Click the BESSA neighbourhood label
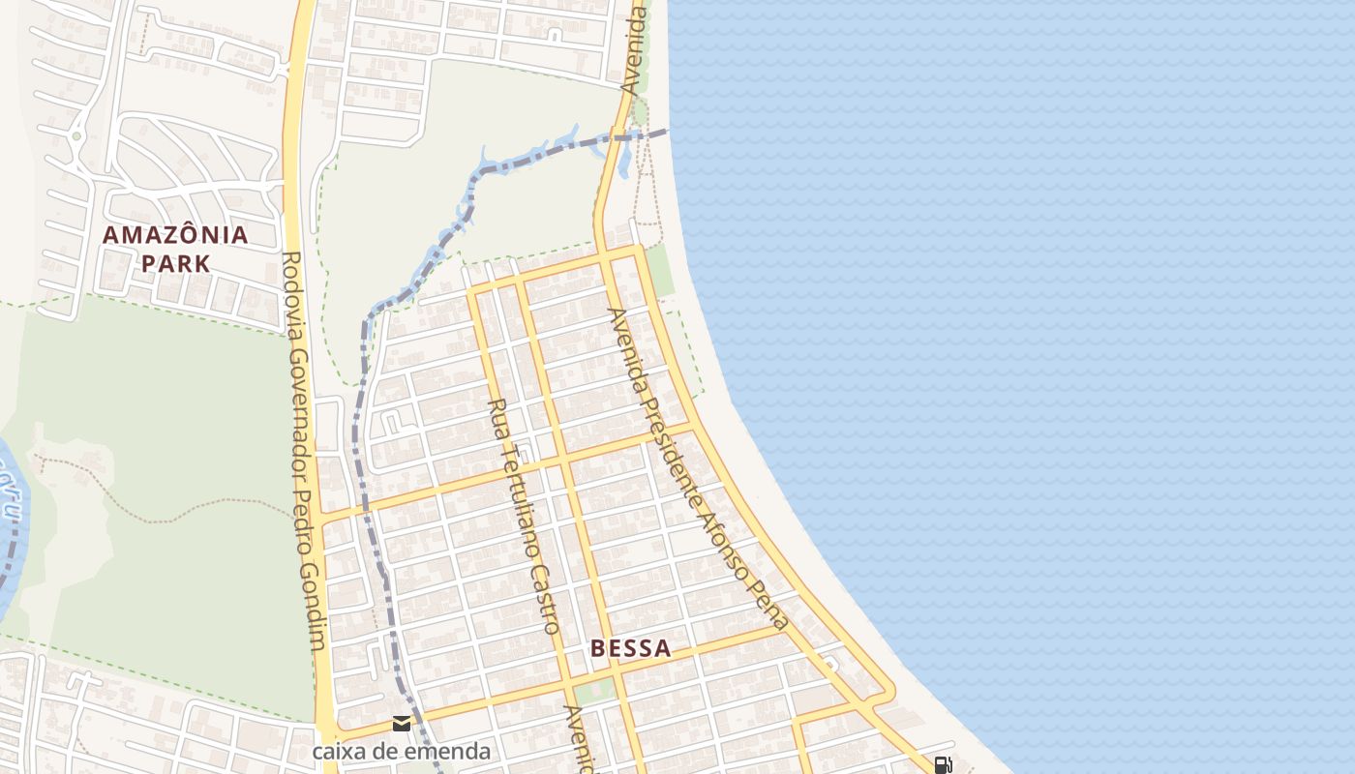(x=630, y=648)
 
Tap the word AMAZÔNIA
(x=175, y=234)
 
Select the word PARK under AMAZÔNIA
(x=175, y=263)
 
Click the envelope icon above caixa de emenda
(x=402, y=724)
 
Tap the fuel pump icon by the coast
(x=943, y=765)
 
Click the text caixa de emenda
(x=401, y=751)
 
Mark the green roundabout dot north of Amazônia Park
(x=76, y=136)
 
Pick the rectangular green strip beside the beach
(x=660, y=271)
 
